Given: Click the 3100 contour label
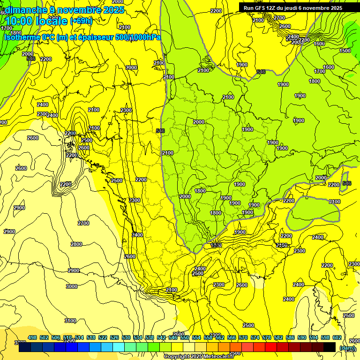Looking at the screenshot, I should (70, 321).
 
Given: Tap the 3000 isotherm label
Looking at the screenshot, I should (72, 286).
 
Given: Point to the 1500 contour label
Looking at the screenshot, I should (345, 51).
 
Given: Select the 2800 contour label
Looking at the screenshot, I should (76, 244).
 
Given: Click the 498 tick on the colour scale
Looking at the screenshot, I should (32, 337).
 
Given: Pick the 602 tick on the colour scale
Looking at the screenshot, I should (337, 337).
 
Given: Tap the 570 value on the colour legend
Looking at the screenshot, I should (243, 337).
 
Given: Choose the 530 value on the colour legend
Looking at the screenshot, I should (126, 337).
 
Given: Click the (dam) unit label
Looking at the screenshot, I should (347, 348).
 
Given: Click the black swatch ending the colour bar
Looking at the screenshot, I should (330, 347).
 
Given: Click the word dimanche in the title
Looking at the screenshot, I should (26, 10).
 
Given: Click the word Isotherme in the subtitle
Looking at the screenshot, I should (22, 37).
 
